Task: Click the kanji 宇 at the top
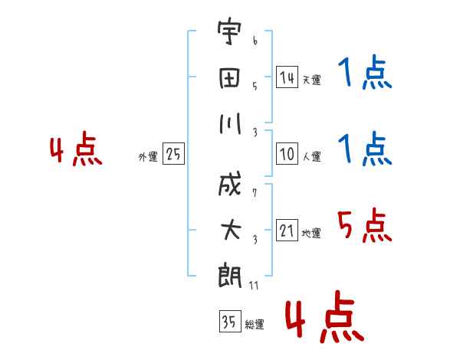coord(230,35)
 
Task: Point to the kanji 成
coord(230,187)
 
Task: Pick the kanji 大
coord(230,230)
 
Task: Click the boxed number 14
coord(287,77)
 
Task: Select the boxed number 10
coord(287,154)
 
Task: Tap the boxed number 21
coord(287,231)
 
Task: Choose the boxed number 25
coord(172,154)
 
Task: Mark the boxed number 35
coord(228,322)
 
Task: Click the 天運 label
coord(311,80)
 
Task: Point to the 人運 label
coord(311,156)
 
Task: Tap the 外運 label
coord(147,156)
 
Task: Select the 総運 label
coord(254,325)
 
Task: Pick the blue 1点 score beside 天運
coord(364,74)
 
